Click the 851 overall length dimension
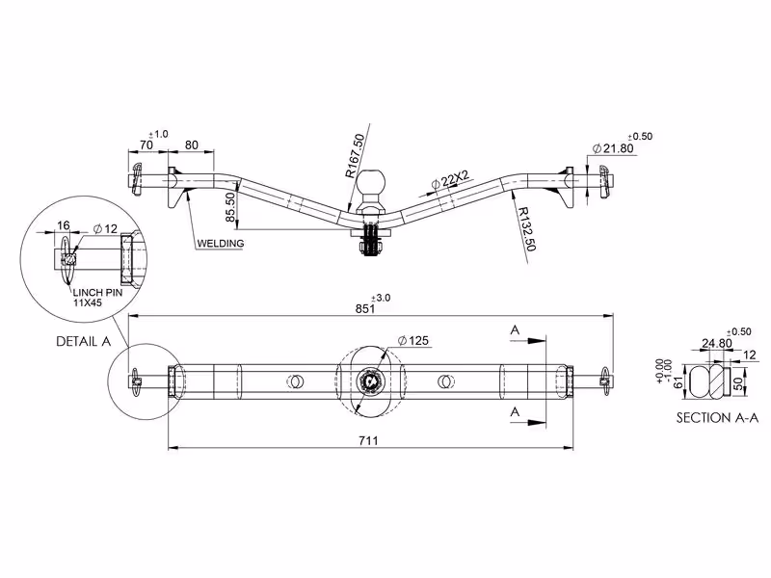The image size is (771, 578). pos(365,308)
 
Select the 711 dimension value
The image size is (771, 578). pos(368,440)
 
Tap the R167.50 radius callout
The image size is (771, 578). pos(355,156)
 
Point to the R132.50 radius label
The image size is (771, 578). pos(525,229)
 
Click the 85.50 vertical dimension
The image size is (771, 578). pos(230,207)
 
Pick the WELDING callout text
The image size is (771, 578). pos(221,244)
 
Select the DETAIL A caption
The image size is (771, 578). pos(84,342)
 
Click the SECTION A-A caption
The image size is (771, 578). pos(717,418)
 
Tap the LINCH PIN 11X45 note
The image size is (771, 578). pos(97,298)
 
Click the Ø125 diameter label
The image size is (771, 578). pos(413,340)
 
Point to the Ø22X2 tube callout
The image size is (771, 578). pos(450,180)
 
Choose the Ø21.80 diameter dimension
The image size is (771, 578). pos(613,148)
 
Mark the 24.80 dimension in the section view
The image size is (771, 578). pos(716,343)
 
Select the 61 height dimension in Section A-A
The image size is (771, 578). pos(678,381)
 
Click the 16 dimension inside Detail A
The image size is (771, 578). pos(64,225)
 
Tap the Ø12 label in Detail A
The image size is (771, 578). pos(105,228)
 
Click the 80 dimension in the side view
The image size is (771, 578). pos(191,144)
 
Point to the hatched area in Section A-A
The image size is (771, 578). pos(720,381)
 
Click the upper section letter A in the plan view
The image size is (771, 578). pos(515,329)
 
